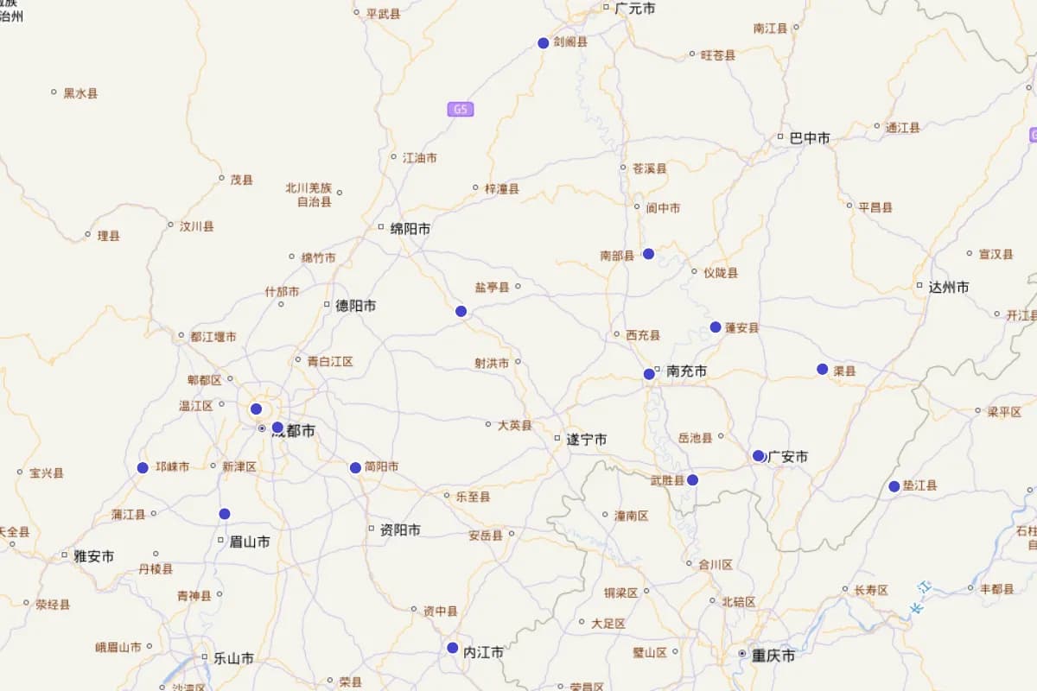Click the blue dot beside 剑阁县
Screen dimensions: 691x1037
(544, 43)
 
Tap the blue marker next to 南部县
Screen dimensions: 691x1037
(648, 254)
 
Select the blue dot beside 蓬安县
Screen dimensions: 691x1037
(716, 327)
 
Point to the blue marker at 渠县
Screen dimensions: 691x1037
(823, 370)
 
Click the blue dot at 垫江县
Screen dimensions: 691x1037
(894, 486)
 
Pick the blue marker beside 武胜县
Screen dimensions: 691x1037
(692, 480)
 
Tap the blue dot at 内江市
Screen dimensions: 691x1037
(453, 648)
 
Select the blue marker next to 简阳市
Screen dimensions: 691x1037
(355, 468)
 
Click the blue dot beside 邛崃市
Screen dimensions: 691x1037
(143, 468)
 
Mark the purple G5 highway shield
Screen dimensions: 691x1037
(461, 110)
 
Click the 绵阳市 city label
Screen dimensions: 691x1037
(410, 229)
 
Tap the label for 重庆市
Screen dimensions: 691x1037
(773, 656)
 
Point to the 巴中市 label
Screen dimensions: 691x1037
(810, 138)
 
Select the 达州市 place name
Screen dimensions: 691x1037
(949, 288)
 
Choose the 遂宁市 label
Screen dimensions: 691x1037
(587, 440)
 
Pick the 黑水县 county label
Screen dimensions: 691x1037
(80, 93)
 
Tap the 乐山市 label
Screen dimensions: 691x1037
(233, 658)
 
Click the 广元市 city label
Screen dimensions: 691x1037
(635, 9)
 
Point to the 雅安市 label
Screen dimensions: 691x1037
(93, 556)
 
